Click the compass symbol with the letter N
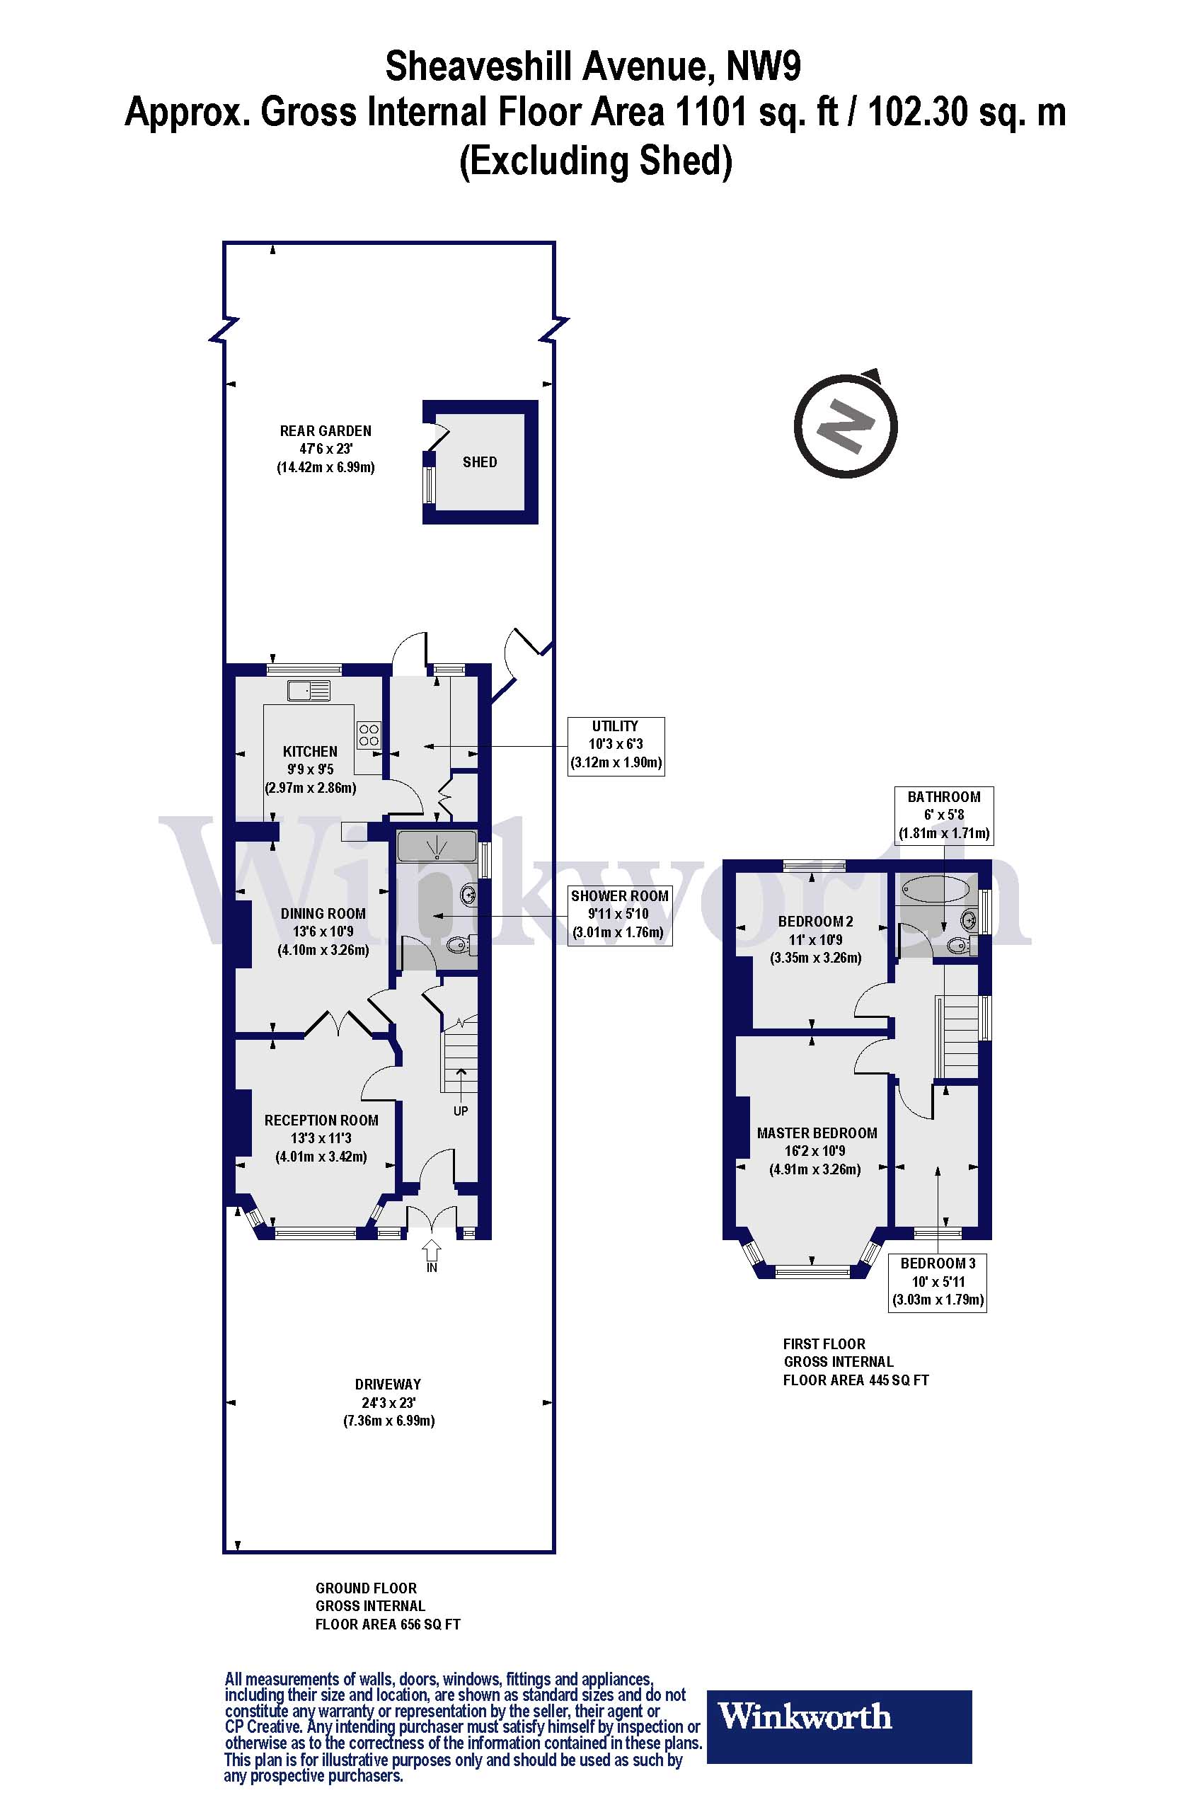(846, 427)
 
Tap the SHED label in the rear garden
(480, 462)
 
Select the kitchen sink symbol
(309, 690)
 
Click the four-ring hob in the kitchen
(368, 735)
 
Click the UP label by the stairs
(461, 1111)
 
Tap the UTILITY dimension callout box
(616, 745)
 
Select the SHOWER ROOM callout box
(619, 914)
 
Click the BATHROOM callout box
(944, 814)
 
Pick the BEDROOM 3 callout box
(938, 1281)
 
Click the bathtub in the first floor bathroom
(936, 890)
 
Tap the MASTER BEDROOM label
(817, 1133)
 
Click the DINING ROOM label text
(322, 913)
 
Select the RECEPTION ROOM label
(321, 1121)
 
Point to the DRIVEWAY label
(388, 1385)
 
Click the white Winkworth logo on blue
(804, 1717)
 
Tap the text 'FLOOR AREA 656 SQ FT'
(388, 1624)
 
